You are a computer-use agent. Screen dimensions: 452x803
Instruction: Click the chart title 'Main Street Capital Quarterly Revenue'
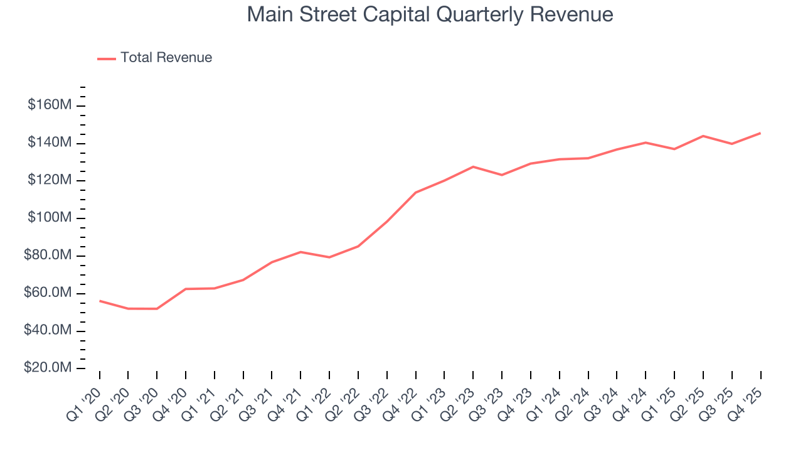point(430,14)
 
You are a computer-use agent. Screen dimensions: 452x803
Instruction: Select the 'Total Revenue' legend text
point(166,58)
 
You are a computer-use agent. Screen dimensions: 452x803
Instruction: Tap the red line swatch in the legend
point(107,58)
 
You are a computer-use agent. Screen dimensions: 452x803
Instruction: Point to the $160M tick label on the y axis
point(49,105)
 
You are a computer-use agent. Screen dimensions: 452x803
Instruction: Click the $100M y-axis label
point(49,218)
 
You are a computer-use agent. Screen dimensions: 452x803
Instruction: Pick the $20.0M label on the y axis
point(47,368)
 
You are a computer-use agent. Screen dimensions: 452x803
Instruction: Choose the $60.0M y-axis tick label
point(47,293)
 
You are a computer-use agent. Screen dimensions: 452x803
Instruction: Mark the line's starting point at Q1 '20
point(100,301)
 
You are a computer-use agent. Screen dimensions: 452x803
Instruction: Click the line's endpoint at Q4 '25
point(761,133)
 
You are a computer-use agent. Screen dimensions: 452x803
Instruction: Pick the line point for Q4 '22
point(416,193)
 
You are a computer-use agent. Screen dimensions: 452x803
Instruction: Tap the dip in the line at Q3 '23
point(502,175)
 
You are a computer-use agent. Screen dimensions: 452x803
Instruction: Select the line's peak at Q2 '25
point(703,136)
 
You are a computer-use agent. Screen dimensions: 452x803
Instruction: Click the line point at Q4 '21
point(301,252)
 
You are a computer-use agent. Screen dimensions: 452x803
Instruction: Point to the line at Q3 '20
point(157,309)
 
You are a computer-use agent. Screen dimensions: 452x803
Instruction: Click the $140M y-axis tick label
point(49,143)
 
